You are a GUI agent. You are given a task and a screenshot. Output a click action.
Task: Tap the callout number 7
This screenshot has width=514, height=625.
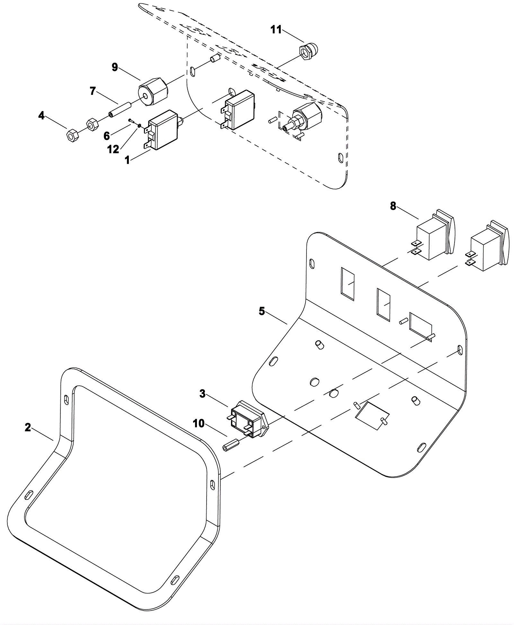click(93, 91)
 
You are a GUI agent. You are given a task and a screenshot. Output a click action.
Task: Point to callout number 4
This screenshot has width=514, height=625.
click(41, 115)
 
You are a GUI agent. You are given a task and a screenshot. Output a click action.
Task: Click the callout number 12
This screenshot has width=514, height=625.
click(113, 149)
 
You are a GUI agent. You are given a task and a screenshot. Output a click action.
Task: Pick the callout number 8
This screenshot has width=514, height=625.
click(393, 206)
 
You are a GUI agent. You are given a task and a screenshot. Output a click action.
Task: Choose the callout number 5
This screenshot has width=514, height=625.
click(262, 311)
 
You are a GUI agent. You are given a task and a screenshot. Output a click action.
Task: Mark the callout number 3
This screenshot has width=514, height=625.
click(202, 394)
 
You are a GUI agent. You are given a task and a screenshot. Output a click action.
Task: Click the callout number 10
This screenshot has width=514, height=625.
click(199, 424)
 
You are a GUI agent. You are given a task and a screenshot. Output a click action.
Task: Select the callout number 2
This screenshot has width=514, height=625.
click(28, 427)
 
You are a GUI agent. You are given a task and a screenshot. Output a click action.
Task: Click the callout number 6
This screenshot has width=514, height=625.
click(107, 136)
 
